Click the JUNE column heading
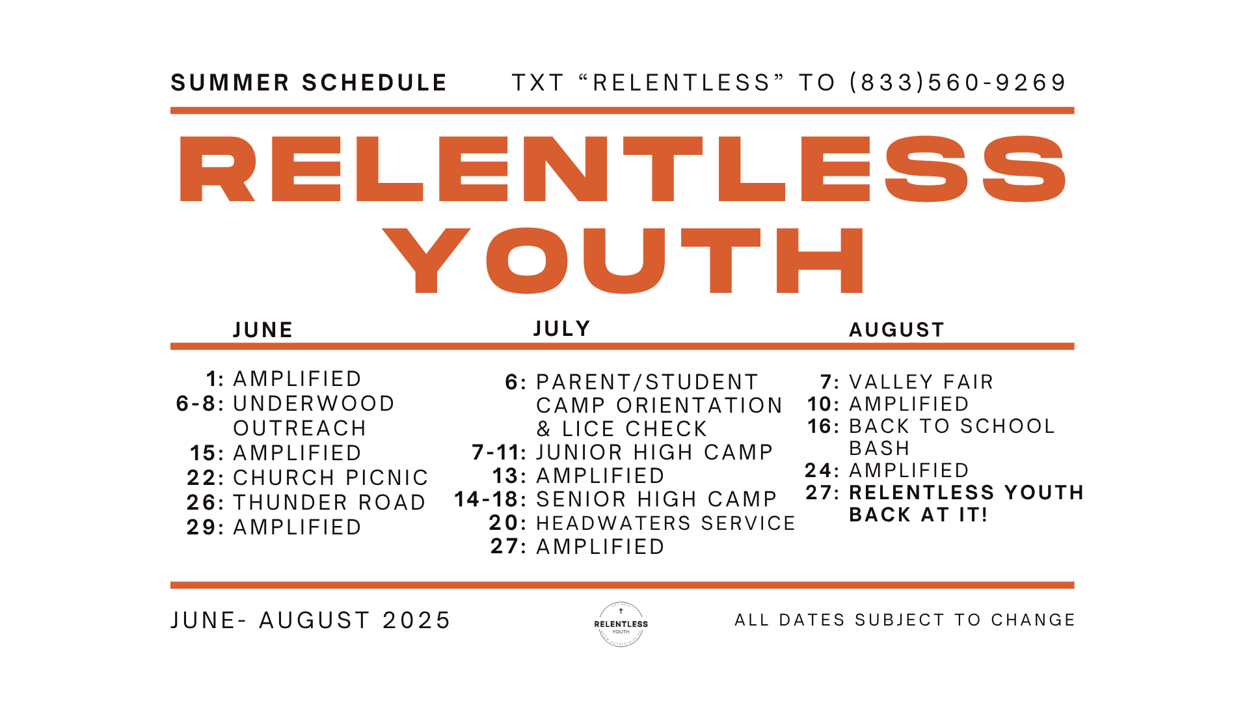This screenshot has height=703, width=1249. click(x=263, y=330)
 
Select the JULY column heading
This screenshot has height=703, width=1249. click(x=562, y=329)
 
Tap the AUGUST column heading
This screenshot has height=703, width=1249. click(x=896, y=330)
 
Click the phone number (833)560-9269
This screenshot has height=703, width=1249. click(x=958, y=83)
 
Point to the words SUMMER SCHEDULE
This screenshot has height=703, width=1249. click(x=309, y=83)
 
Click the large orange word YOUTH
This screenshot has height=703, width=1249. click(x=623, y=260)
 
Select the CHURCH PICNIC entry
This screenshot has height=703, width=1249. click(x=330, y=478)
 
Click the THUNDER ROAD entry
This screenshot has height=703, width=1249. click(x=329, y=503)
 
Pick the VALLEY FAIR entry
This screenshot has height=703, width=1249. click(x=921, y=382)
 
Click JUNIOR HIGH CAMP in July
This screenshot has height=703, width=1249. click(x=654, y=452)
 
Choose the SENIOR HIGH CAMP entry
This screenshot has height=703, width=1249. click(x=656, y=499)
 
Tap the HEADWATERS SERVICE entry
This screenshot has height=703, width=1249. click(x=665, y=523)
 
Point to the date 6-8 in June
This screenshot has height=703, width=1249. click(x=196, y=404)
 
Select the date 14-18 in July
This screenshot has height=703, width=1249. click(x=486, y=499)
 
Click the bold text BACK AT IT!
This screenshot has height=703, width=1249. click(x=919, y=515)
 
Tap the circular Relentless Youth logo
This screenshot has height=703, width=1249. click(x=621, y=624)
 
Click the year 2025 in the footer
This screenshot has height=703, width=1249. click(x=416, y=620)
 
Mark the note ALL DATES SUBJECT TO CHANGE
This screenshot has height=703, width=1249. click(x=905, y=620)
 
